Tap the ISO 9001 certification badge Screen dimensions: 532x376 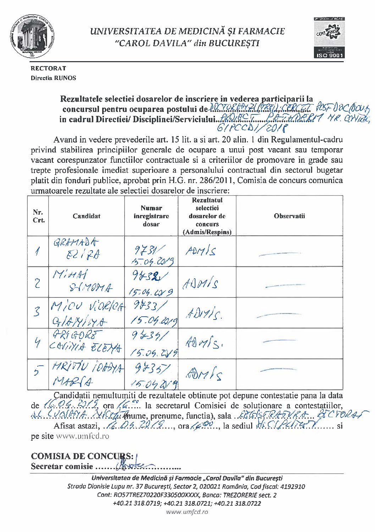pyautogui.click(x=329, y=37)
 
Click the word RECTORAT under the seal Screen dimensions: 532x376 pyautogui.click(x=48, y=68)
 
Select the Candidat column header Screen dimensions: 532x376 pyautogui.click(x=87, y=216)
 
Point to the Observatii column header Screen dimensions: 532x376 pyautogui.click(x=289, y=216)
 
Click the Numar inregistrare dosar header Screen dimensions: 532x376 pyautogui.click(x=151, y=216)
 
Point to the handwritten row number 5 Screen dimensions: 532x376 pyautogui.click(x=38, y=372)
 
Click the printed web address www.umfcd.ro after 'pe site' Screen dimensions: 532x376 pyautogui.click(x=82, y=436)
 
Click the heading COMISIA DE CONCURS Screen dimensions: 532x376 pyautogui.click(x=82, y=456)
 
